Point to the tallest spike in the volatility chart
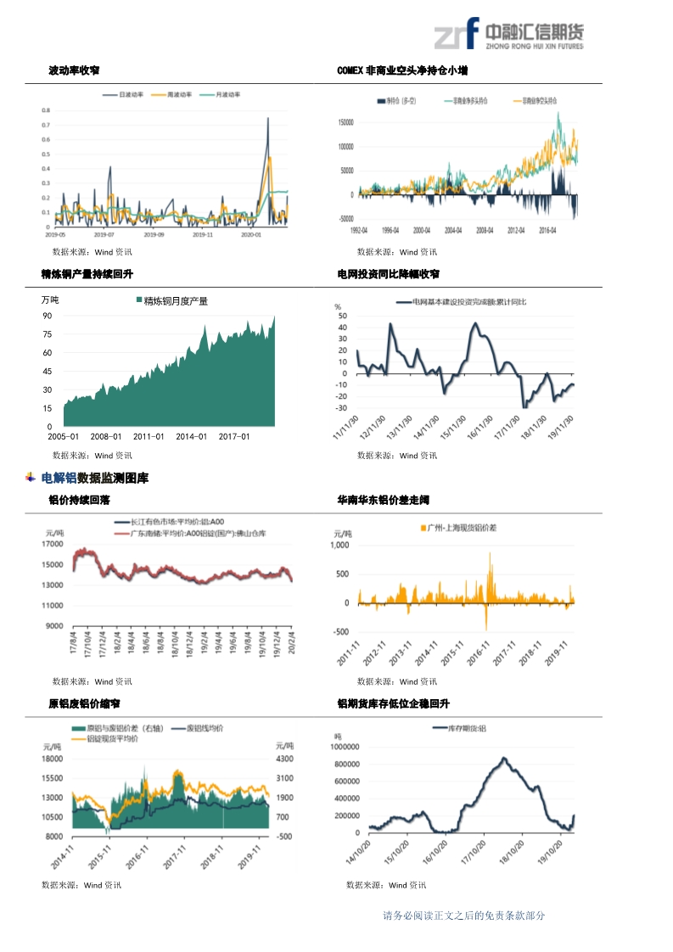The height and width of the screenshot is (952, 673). (268, 119)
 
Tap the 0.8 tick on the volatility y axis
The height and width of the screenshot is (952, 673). (47, 110)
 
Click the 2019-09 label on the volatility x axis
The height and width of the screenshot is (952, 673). (154, 234)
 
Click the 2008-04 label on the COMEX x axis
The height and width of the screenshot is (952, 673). (485, 229)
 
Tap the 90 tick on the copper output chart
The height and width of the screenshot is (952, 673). (48, 316)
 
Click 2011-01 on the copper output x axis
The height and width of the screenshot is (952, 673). (149, 437)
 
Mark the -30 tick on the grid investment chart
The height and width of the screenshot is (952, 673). (342, 408)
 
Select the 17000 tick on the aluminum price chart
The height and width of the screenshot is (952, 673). (53, 544)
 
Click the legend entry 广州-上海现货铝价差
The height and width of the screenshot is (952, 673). (458, 528)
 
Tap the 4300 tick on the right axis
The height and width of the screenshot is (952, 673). (284, 759)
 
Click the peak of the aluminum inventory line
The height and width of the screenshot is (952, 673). (504, 758)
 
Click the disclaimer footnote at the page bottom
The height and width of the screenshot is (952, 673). (463, 916)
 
